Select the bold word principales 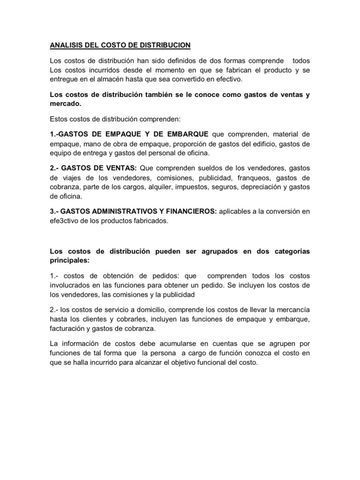click(x=69, y=260)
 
